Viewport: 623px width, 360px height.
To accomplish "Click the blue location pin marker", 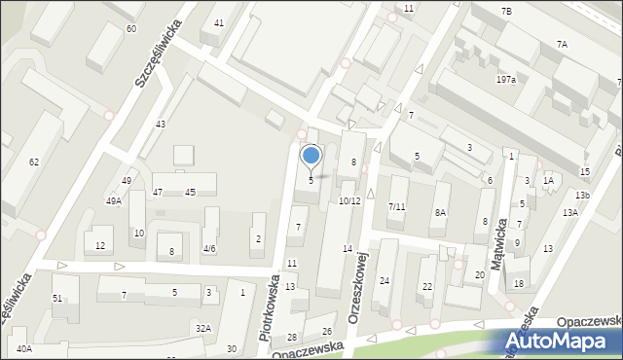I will pyautogui.click(x=311, y=156).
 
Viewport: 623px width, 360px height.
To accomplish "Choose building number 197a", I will pyautogui.click(x=505, y=79).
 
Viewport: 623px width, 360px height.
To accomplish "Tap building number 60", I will pyautogui.click(x=131, y=29).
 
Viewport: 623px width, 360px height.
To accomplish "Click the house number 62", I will pyautogui.click(x=34, y=162).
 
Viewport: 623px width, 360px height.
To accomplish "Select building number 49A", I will pyautogui.click(x=114, y=200).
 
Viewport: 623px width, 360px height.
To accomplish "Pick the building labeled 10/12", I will pyautogui.click(x=349, y=200).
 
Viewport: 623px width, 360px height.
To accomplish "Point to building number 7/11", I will pyautogui.click(x=396, y=207).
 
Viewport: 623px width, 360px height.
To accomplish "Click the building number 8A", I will pyautogui.click(x=440, y=212).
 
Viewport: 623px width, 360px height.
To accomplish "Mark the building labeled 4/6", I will pyautogui.click(x=209, y=248).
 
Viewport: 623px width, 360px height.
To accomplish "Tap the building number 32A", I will pyautogui.click(x=202, y=329).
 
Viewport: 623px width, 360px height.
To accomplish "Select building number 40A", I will pyautogui.click(x=24, y=347).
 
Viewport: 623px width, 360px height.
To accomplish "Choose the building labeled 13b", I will pyautogui.click(x=581, y=197).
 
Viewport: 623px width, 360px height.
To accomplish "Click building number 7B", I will pyautogui.click(x=506, y=10).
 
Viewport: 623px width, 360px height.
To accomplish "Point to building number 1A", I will pyautogui.click(x=549, y=180).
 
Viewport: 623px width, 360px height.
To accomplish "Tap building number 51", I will pyautogui.click(x=57, y=298).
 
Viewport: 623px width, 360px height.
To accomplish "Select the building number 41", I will pyautogui.click(x=219, y=22).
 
